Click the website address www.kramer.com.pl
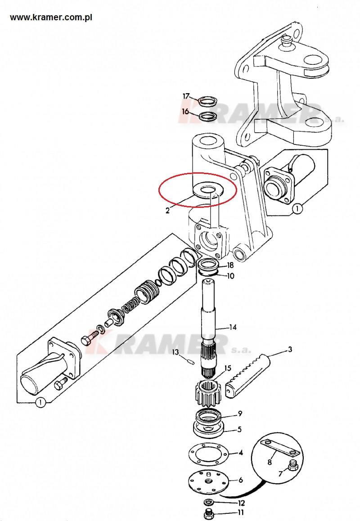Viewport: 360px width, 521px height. tap(51, 18)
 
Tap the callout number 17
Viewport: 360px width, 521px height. tap(186, 96)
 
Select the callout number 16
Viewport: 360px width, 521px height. tap(185, 111)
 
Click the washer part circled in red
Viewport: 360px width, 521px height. tap(208, 190)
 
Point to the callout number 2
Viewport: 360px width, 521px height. tap(167, 210)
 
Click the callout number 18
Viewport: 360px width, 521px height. tap(230, 265)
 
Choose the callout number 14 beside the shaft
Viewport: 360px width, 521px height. tap(233, 327)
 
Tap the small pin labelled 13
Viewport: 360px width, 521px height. tap(191, 362)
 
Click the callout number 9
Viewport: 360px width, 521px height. tap(240, 413)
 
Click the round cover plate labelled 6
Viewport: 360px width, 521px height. tap(208, 481)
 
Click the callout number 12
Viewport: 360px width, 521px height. tap(242, 503)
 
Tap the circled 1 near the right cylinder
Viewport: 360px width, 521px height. tap(297, 209)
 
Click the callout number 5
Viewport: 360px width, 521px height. tap(240, 429)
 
